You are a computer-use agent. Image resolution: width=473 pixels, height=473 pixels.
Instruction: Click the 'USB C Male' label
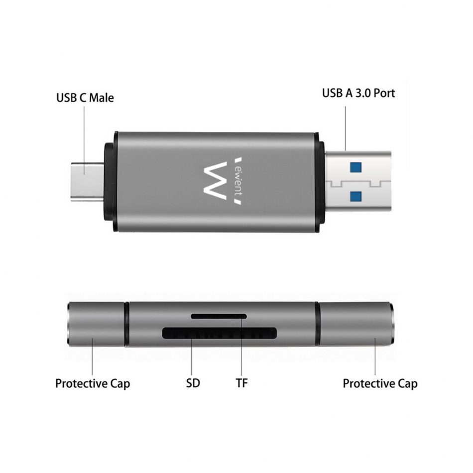pos(85,98)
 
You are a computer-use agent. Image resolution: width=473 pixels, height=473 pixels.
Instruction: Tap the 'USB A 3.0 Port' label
pos(358,93)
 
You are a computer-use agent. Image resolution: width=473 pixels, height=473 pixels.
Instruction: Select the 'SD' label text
pos(193,383)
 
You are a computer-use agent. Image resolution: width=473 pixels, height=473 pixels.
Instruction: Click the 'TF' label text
pos(241,383)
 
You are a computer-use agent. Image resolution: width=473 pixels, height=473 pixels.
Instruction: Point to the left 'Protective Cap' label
pos(93,384)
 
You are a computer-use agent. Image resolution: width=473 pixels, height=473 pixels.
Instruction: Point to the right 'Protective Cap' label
pos(380,384)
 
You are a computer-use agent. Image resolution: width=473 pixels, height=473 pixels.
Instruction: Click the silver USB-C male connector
pos(87,182)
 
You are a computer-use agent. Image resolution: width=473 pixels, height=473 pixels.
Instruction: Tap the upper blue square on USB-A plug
pos(355,167)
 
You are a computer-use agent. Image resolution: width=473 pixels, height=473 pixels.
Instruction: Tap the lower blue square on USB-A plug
pos(355,196)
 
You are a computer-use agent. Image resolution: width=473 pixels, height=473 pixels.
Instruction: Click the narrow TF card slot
pos(219,317)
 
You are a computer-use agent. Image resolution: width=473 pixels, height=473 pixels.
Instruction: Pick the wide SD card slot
pos(219,333)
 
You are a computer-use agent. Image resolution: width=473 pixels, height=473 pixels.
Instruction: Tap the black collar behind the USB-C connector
pos(110,182)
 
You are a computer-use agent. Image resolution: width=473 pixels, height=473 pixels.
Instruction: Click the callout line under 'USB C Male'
pos(84,140)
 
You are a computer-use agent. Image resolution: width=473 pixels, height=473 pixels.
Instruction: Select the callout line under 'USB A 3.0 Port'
pos(346,128)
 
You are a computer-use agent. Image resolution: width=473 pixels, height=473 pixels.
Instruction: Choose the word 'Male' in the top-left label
pos(102,98)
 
